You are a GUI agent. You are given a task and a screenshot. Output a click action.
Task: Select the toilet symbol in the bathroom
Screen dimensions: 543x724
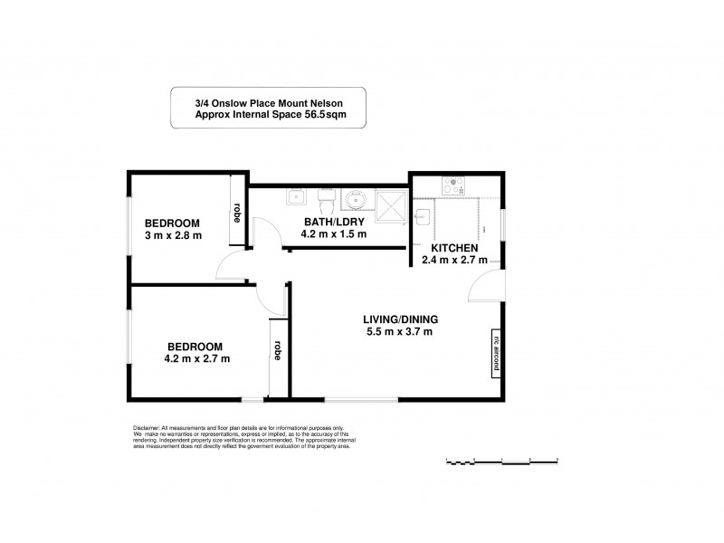(x=325, y=197)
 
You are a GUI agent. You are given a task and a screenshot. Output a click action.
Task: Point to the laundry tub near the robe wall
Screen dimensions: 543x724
(x=295, y=196)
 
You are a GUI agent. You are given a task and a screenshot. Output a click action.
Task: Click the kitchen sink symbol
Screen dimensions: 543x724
(x=423, y=215)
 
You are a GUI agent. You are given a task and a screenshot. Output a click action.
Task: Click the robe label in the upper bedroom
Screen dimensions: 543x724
(x=237, y=212)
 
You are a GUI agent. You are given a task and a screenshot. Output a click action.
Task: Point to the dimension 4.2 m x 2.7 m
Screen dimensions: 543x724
(x=196, y=358)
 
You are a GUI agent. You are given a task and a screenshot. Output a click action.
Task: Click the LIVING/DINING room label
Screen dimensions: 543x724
(x=400, y=319)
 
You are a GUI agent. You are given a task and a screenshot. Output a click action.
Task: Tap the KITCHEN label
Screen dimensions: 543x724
(x=454, y=248)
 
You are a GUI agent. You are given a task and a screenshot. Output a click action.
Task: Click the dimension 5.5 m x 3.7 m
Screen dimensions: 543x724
(x=400, y=331)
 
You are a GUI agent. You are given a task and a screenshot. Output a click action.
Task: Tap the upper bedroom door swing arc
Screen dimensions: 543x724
(x=229, y=265)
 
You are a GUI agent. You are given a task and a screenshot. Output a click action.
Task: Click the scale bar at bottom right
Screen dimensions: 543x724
(x=502, y=462)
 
